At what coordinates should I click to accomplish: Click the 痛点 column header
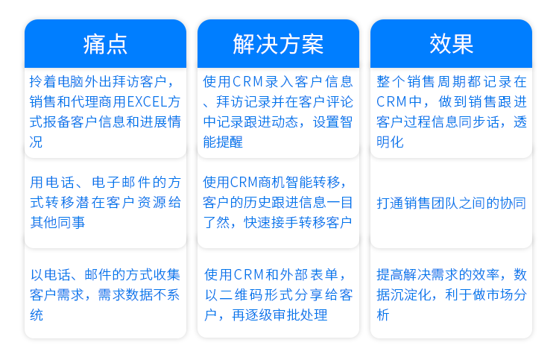pyautogui.click(x=105, y=44)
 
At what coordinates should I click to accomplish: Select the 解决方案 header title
pyautogui.click(x=278, y=44)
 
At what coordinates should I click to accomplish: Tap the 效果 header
pyautogui.click(x=452, y=44)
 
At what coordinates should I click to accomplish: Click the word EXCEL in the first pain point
pyautogui.click(x=148, y=102)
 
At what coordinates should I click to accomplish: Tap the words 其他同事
pyautogui.click(x=57, y=222)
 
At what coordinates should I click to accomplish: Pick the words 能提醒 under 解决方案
pyautogui.click(x=223, y=142)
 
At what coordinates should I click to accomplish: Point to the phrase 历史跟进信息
pyautogui.click(x=285, y=203)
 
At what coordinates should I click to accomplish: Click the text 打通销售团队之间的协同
pyautogui.click(x=452, y=203)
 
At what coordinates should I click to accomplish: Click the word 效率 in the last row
pyautogui.click(x=486, y=275)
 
